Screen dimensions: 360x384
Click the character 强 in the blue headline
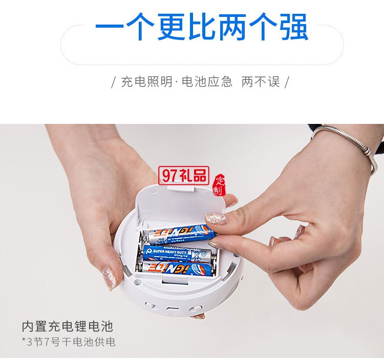293,26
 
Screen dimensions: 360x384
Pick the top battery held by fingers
179,236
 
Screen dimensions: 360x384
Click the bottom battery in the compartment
174,266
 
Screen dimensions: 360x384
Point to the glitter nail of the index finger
216,221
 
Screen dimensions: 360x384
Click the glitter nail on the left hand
110,277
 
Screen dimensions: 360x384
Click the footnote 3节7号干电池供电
69,341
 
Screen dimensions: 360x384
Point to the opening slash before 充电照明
113,82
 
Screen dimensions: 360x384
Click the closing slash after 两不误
287,82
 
